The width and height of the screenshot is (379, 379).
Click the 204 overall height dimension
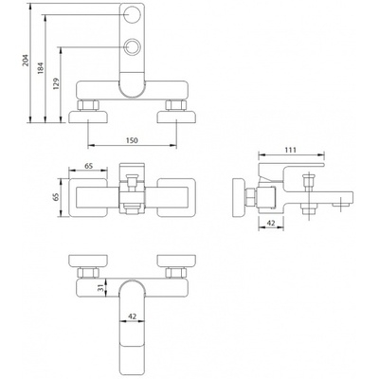pos(26,61)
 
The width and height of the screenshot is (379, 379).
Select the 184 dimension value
pos(41,68)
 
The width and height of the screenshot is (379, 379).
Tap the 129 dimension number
pos(56,83)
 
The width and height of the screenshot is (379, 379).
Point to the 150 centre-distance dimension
pos(132,140)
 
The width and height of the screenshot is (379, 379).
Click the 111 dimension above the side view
pos(291,150)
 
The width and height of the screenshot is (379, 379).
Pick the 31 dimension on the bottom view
pos(101,288)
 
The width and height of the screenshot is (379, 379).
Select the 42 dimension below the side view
pos(271,223)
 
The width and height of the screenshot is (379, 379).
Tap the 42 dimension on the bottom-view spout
pos(133,316)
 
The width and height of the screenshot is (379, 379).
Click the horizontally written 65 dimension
pos(88,166)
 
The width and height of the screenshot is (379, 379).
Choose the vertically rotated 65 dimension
pos(56,197)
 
